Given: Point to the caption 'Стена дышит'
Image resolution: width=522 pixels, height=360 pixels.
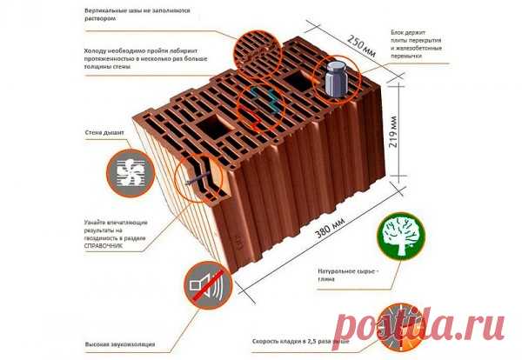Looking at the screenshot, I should click(102, 136).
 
